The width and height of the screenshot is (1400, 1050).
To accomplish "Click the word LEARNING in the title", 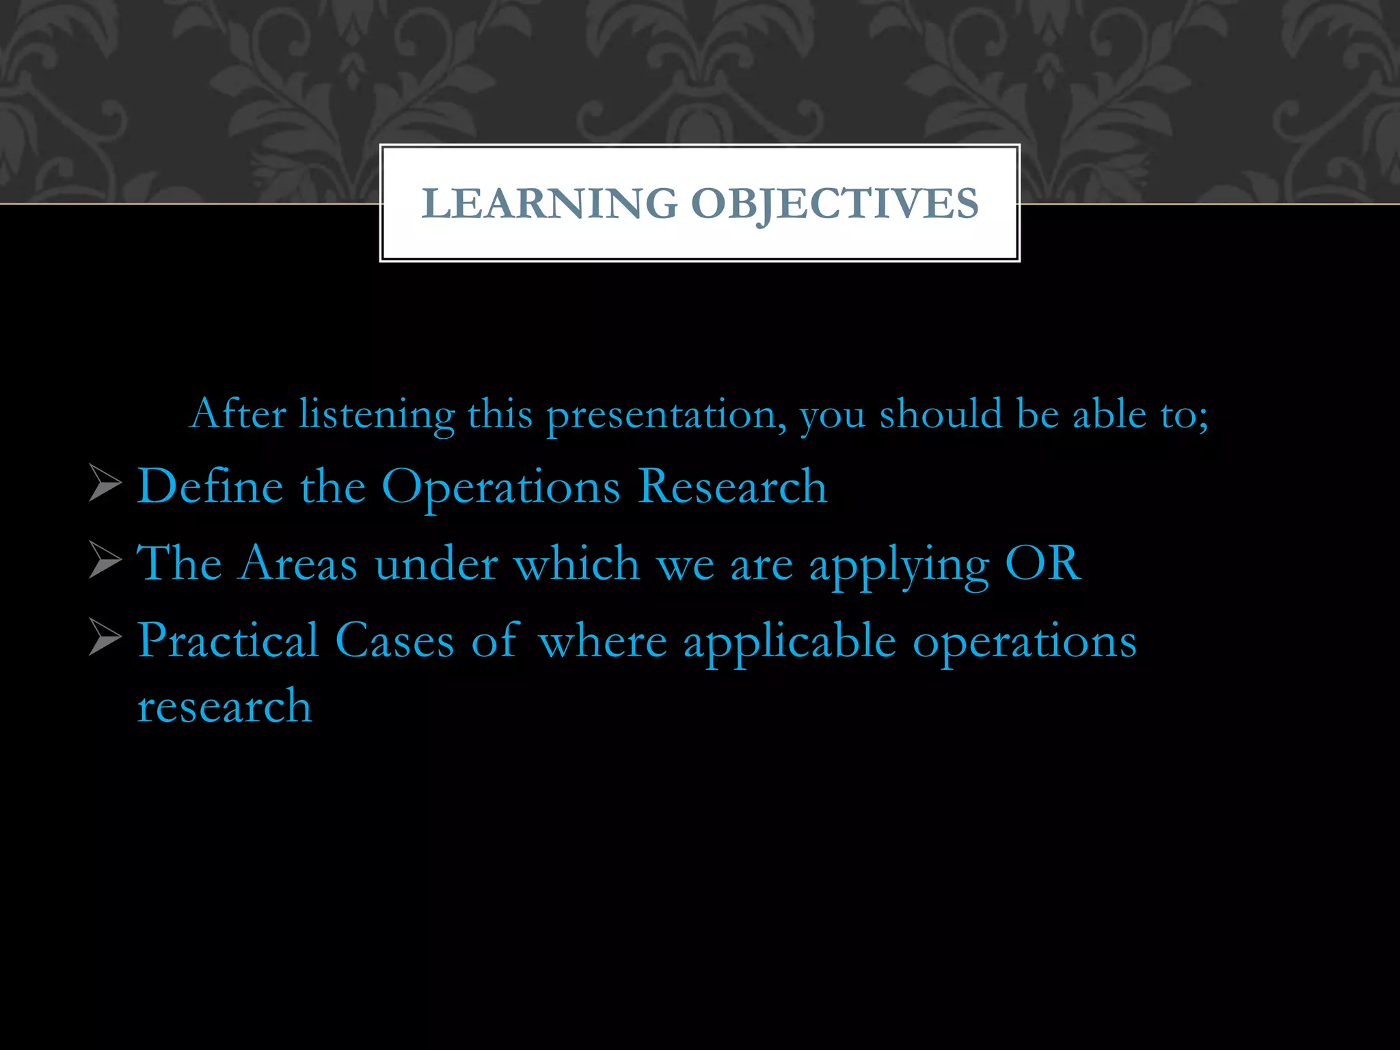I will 549,204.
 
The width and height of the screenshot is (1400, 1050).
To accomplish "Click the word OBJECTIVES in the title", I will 835,204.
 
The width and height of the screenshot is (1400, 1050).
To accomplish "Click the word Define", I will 210,486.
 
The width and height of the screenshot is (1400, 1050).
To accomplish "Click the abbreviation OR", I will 1043,563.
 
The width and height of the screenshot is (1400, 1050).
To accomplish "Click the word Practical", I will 228,641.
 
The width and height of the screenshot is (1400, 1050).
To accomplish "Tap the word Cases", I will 394,641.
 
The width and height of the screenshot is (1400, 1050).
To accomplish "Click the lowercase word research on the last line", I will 224,705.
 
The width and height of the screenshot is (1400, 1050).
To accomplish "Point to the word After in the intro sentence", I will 237,414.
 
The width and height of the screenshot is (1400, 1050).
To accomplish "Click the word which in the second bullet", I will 576,564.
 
